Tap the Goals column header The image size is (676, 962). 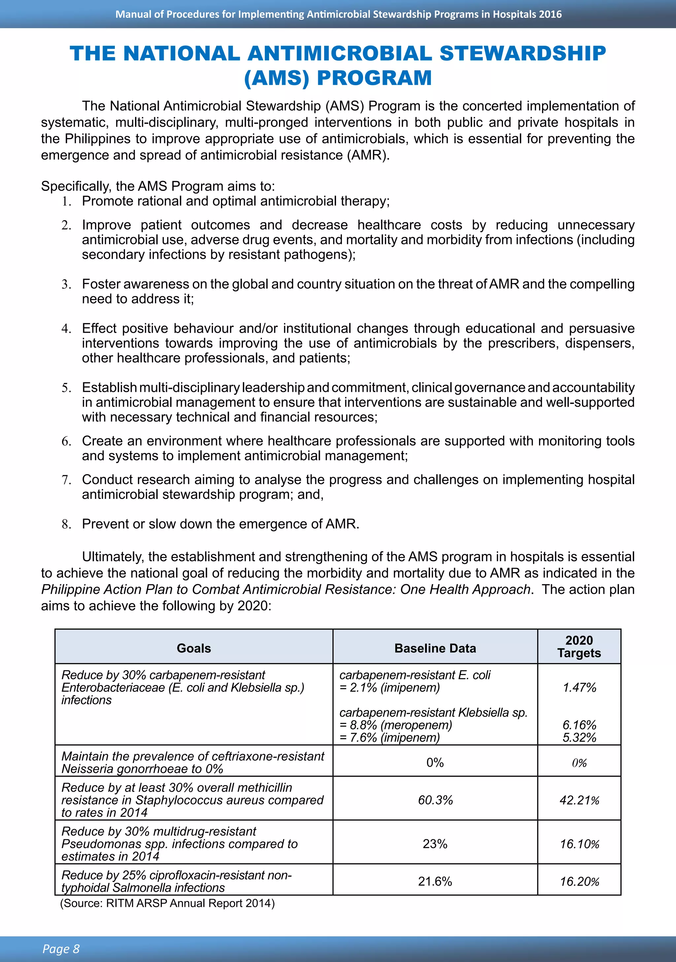coord(193,648)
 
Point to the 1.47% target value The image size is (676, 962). coord(579,688)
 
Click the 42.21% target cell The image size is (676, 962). coord(579,800)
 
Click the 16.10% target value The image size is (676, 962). coord(579,844)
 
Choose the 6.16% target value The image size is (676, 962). coord(579,725)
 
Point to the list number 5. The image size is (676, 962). coord(66,388)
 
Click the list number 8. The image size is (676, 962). coord(66,524)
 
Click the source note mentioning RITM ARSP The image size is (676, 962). coord(167,903)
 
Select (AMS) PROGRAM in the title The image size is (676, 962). coord(338,78)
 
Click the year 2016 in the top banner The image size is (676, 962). coord(550,14)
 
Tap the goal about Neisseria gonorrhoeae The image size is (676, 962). coord(192,762)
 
